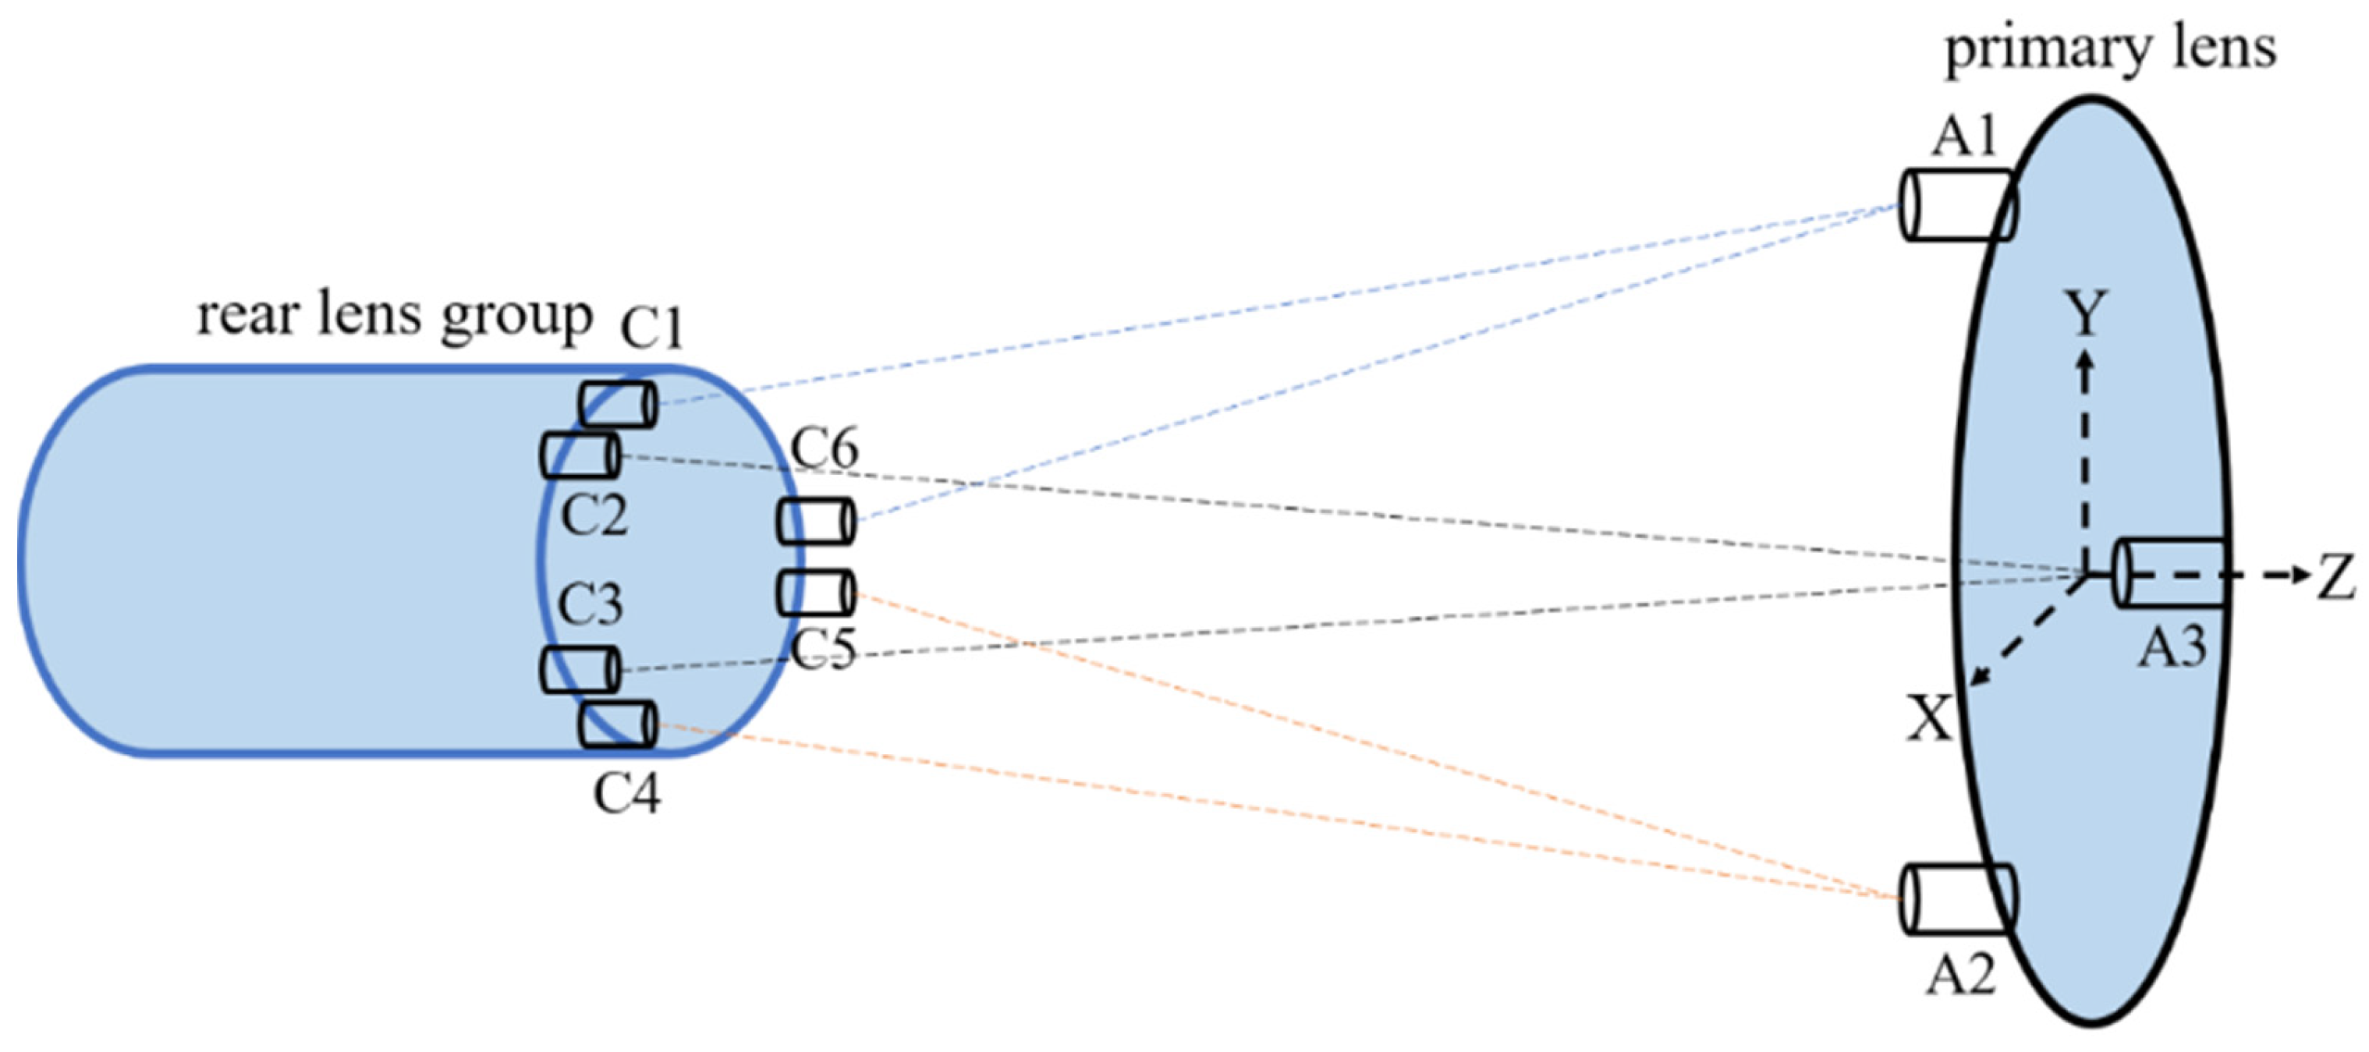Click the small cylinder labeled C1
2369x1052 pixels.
[618, 405]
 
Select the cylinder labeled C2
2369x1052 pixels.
[580, 456]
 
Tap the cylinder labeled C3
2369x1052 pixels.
[580, 669]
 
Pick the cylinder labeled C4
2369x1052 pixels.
[618, 724]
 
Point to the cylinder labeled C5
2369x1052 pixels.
[816, 593]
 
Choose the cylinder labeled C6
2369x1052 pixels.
[816, 522]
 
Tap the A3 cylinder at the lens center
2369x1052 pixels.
[2170, 574]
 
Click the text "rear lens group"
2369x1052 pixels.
[395, 317]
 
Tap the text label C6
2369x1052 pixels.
[825, 448]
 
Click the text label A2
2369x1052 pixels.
[1961, 975]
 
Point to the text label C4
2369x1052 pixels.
[626, 792]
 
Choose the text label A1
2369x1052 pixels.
[1964, 138]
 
